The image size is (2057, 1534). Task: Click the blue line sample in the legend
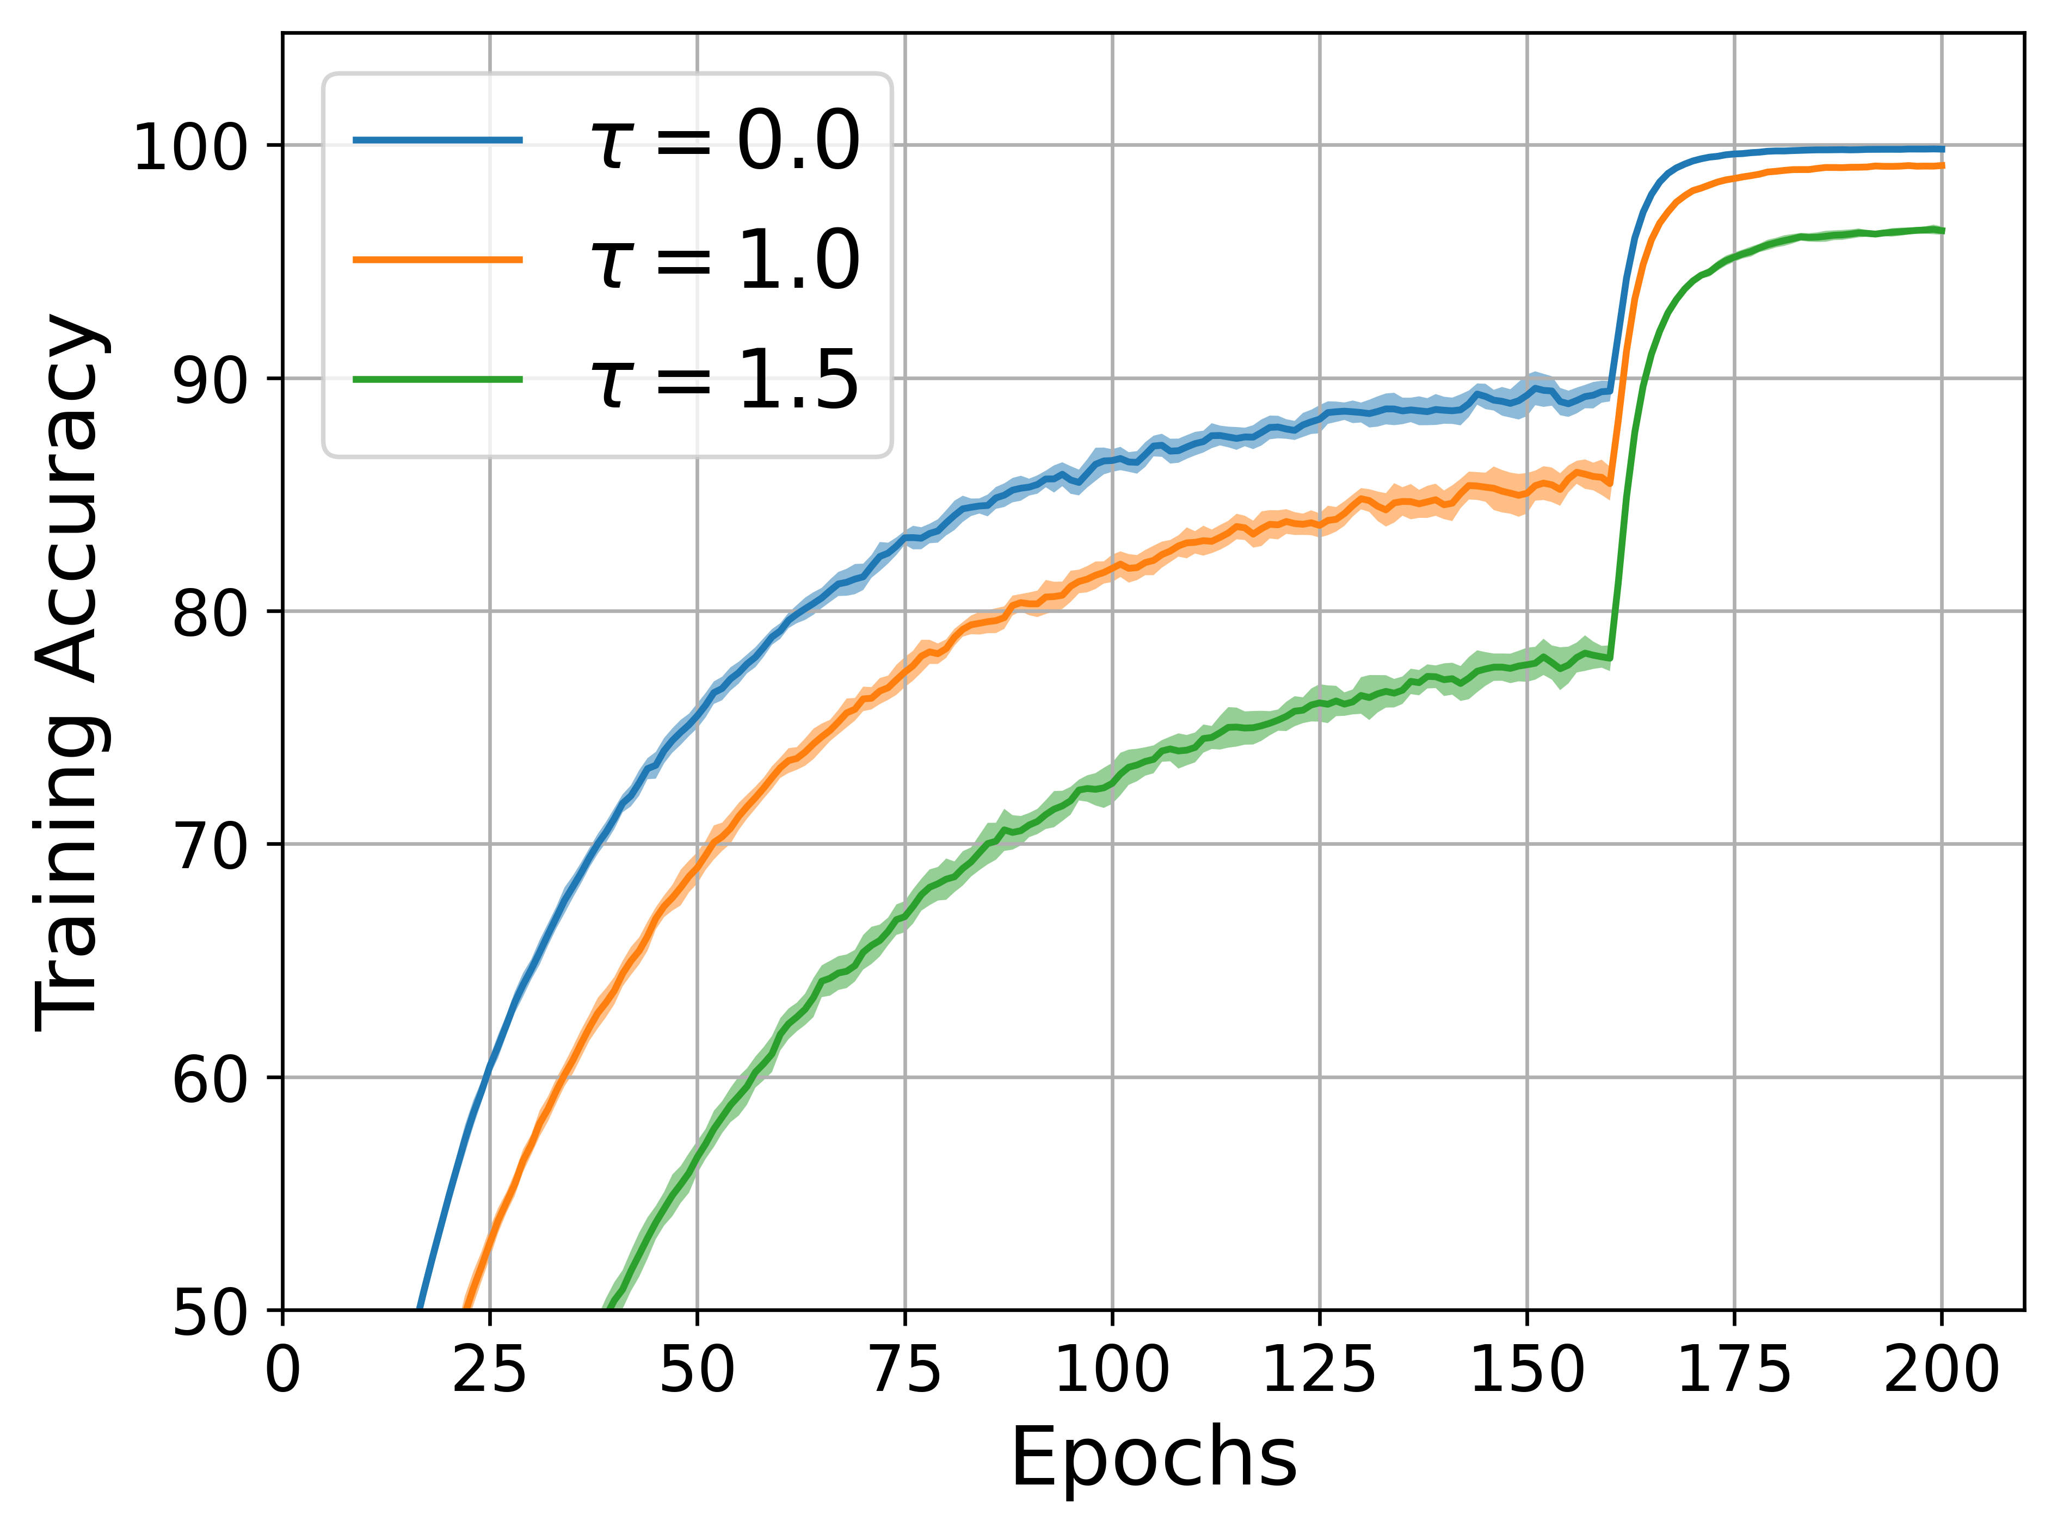[438, 140]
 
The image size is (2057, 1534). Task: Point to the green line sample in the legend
[438, 379]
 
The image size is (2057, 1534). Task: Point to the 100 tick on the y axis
[190, 147]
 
